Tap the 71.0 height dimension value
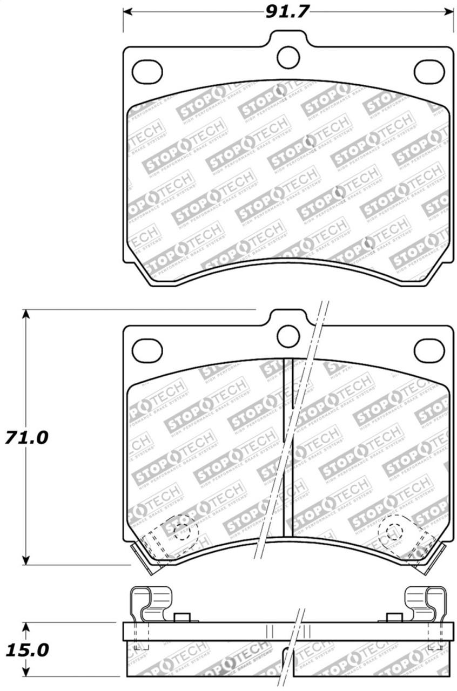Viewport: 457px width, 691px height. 27,437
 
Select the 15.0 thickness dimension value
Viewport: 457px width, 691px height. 27,650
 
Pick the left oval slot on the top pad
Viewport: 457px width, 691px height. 147,71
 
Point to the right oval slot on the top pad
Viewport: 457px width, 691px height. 429,71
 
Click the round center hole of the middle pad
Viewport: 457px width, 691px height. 288,336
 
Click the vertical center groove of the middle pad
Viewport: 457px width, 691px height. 288,448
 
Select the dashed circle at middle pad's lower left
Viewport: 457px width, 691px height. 181,531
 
